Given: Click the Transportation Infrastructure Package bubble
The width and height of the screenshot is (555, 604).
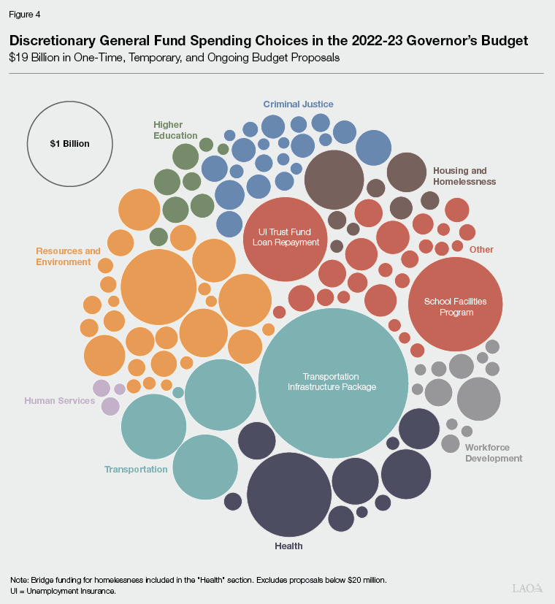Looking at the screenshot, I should (332, 382).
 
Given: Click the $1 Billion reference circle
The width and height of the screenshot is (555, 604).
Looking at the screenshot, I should (70, 143).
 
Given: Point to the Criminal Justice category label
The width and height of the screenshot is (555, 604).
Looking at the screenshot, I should (298, 104).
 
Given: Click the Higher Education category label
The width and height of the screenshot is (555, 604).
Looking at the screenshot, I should (175, 130).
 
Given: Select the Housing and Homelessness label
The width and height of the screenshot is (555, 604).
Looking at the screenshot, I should (464, 176).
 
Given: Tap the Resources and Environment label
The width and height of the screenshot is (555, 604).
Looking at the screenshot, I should (68, 256).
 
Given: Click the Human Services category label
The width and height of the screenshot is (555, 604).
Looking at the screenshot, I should (59, 401).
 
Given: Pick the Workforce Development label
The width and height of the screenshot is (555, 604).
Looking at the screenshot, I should (493, 453).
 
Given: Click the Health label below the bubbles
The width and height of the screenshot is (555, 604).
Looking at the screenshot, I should (289, 546).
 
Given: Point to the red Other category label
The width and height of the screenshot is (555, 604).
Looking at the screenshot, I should (481, 250).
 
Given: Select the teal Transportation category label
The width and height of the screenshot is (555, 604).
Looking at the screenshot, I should (136, 470).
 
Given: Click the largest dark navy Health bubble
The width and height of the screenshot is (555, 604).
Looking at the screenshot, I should (289, 494).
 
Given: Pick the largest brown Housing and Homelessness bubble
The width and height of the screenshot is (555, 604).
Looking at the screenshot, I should (334, 180).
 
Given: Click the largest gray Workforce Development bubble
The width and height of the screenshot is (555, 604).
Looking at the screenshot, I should (478, 399).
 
